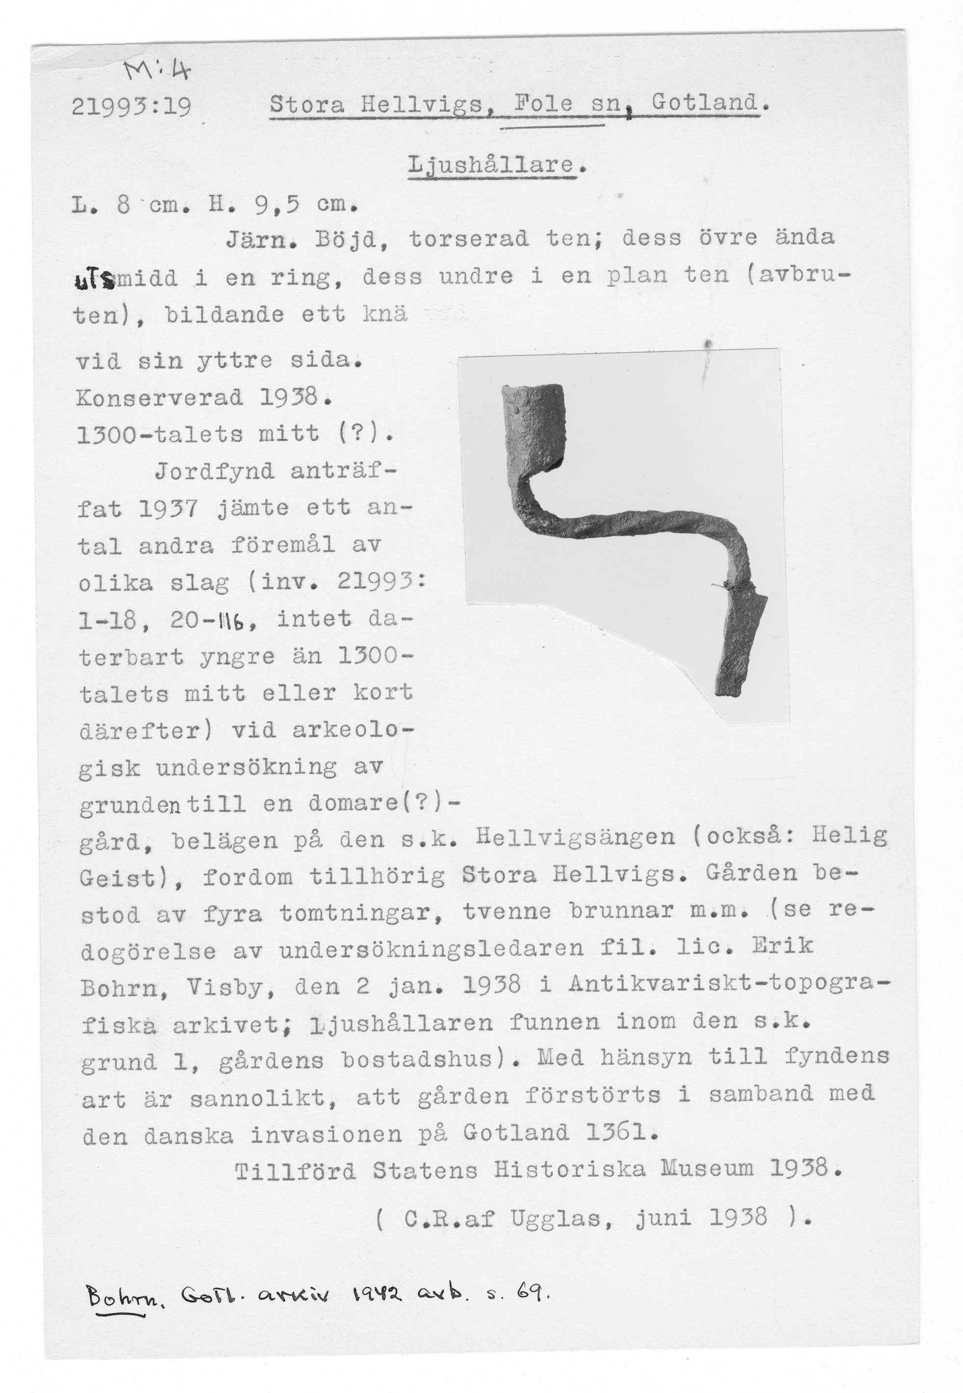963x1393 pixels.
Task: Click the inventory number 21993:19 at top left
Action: (131, 107)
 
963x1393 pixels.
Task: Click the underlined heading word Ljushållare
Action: (490, 165)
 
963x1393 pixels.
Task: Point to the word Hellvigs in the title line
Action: (422, 105)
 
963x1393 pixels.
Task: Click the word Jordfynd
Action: (214, 471)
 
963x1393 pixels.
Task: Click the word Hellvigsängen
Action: (575, 837)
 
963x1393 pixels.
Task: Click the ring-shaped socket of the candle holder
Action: (534, 423)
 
